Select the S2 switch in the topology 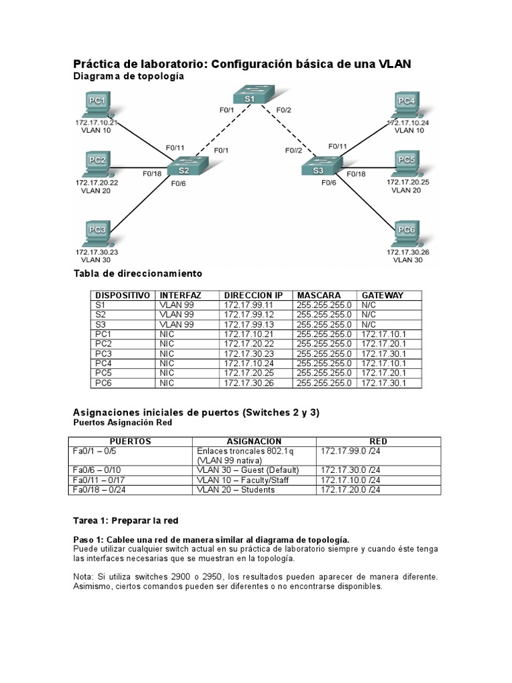[184, 169]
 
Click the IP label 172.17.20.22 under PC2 [97, 182]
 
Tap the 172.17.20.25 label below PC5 [407, 181]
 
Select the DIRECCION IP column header [253, 295]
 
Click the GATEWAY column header [382, 295]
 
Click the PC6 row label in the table [105, 383]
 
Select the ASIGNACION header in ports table [254, 442]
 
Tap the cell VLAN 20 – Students [236, 490]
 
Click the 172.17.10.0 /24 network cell [350, 480]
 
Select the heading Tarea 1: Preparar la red [125, 520]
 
